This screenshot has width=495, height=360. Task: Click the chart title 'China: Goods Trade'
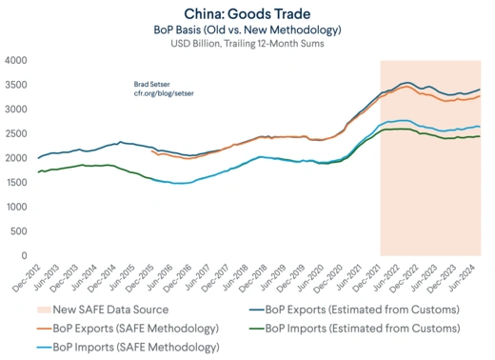click(x=247, y=12)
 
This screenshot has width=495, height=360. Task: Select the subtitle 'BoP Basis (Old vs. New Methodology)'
click(x=247, y=29)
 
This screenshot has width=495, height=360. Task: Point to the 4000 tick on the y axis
click(x=15, y=60)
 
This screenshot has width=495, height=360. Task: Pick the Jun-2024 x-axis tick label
click(x=465, y=277)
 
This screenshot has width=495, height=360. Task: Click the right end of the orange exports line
click(x=479, y=96)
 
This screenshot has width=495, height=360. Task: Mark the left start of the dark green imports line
click(x=37, y=171)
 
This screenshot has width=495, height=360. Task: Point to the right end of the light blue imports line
click(x=479, y=127)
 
